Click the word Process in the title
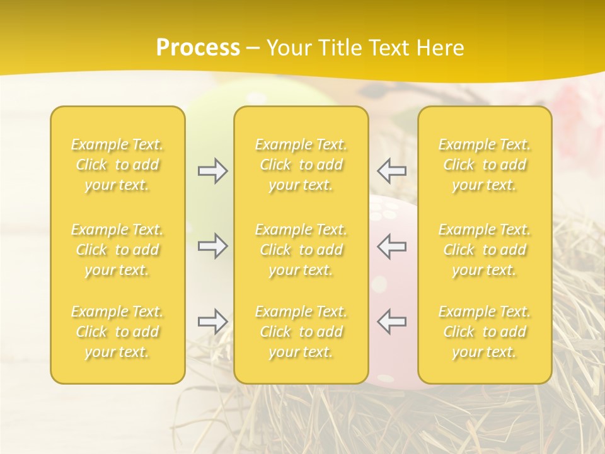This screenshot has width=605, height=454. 198,48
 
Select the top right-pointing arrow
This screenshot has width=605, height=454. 212,171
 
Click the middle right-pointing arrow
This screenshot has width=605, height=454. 212,246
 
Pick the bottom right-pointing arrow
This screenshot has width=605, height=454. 212,322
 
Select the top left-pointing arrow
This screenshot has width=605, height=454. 391,171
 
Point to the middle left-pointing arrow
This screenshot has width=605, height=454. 391,246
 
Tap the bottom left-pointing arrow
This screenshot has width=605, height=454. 391,322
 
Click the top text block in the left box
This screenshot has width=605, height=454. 117,165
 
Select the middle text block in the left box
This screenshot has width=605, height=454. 117,250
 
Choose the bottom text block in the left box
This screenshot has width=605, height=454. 117,332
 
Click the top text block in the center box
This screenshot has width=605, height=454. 301,165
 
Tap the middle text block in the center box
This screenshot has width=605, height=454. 301,250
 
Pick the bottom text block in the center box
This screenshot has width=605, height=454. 301,332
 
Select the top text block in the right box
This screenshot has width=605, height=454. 485,165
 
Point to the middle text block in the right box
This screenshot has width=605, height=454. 485,250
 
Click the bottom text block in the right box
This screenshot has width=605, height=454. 485,332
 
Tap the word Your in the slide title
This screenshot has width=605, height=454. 288,48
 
